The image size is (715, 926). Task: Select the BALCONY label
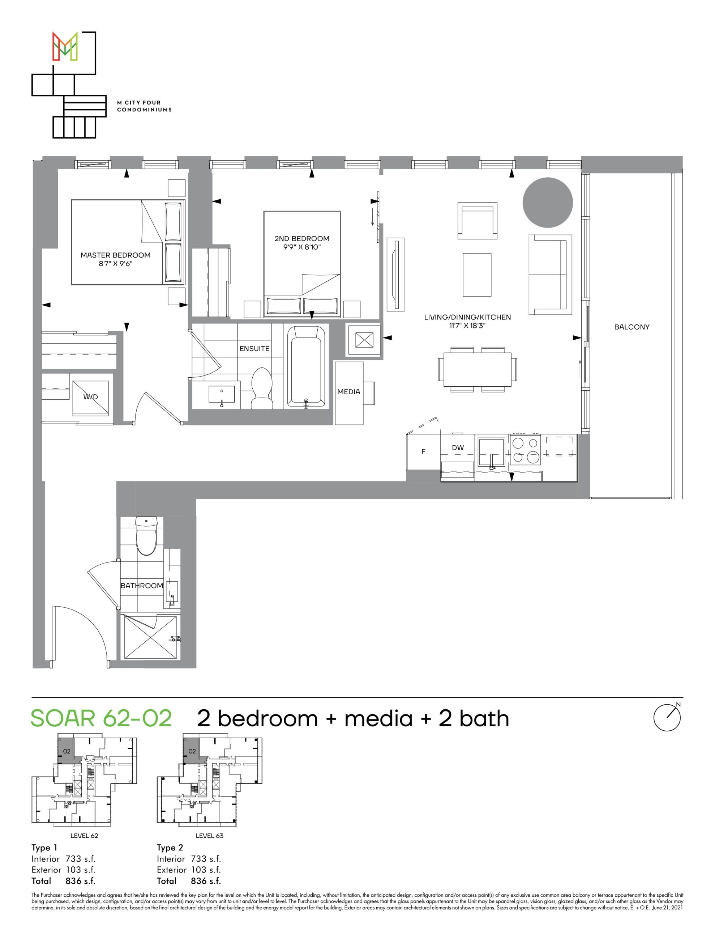click(631, 327)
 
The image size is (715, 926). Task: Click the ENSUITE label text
click(254, 349)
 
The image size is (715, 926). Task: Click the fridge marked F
click(423, 452)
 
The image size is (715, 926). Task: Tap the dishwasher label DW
click(458, 447)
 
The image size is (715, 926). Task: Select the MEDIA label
click(348, 392)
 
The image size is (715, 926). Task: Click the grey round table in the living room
click(548, 203)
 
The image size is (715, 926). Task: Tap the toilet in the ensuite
click(261, 388)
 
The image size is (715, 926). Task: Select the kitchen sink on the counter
click(492, 452)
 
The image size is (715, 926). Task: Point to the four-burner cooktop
click(526, 450)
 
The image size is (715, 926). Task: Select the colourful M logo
click(65, 45)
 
